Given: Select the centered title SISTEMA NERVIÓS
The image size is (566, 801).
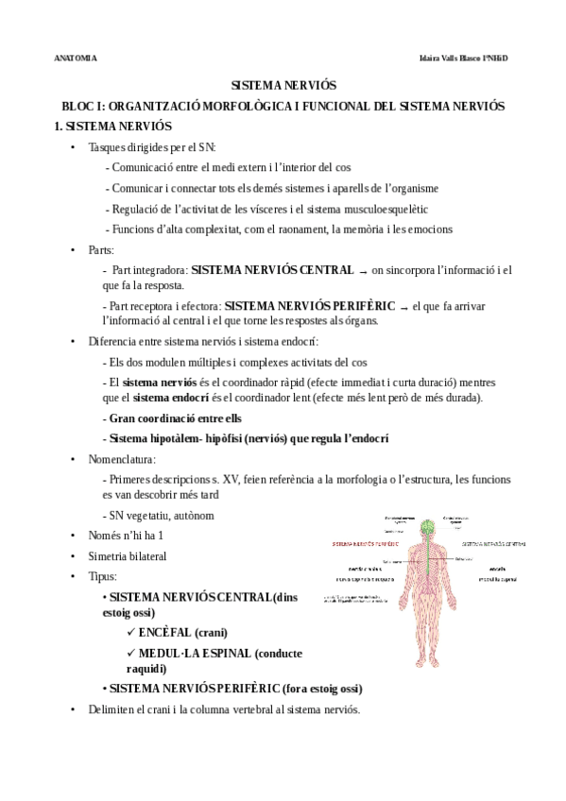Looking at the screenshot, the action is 283,85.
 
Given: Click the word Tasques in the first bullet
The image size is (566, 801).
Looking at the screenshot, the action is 104,147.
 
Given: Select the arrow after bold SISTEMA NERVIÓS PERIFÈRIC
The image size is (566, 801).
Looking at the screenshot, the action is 404,307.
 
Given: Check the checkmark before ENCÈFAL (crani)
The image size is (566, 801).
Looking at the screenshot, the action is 129,632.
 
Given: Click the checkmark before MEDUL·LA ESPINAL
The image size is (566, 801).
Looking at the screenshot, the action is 129,652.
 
